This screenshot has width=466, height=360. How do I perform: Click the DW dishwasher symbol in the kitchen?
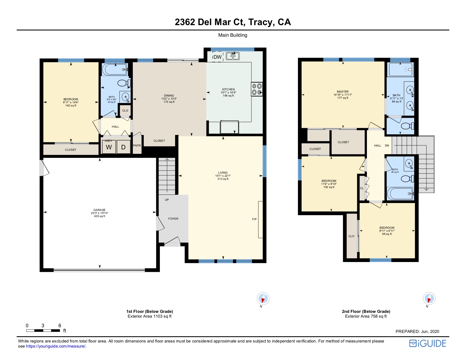tap(218, 57)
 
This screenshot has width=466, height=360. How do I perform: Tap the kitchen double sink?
tap(233, 56)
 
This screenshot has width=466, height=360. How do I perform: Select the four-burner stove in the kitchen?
tap(257, 89)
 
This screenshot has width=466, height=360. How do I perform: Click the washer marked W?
tap(109, 147)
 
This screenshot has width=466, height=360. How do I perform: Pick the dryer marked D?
tap(123, 147)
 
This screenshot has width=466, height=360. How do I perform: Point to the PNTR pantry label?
tap(137, 146)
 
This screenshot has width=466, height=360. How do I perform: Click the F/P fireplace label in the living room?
tap(254, 219)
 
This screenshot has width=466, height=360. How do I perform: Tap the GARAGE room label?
tap(99, 210)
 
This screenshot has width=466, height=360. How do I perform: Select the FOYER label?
tap(173, 219)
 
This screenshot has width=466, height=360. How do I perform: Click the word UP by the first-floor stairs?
tap(167, 200)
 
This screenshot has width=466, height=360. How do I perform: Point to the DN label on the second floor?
tap(387, 146)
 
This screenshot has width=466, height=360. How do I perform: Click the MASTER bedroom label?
tap(343, 91)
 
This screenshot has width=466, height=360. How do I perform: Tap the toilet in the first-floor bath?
tap(124, 83)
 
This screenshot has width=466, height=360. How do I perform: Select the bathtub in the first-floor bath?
tap(115, 69)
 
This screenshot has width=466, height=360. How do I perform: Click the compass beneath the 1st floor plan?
tap(263, 298)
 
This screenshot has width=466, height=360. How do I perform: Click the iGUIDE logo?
tap(428, 343)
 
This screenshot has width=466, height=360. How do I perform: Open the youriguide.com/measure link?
tap(56, 346)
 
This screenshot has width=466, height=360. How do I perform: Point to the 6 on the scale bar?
tap(60, 326)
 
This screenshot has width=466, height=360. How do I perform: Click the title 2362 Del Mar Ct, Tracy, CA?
tap(233, 22)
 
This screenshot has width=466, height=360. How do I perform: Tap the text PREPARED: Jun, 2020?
tap(417, 331)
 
